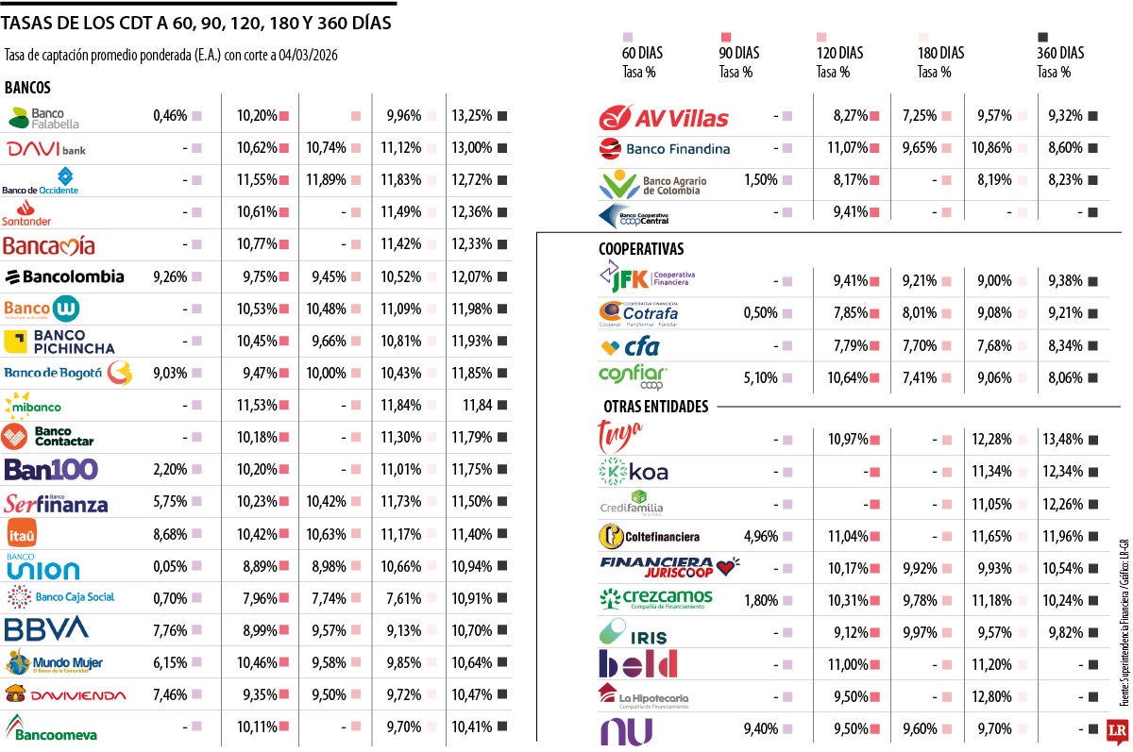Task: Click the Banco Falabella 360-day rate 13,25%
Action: [x=472, y=116]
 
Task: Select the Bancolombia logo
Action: [x=64, y=276]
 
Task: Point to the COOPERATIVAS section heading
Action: [x=641, y=249]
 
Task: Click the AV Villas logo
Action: [x=664, y=118]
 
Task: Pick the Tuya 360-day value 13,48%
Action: [x=1066, y=440]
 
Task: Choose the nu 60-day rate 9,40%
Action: [x=760, y=728]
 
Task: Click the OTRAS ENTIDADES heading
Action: [x=655, y=407]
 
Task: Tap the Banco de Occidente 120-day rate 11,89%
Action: [x=326, y=180]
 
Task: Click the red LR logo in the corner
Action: [x=1117, y=729]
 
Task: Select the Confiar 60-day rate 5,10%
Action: [x=761, y=377]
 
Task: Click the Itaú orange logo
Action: [x=22, y=534]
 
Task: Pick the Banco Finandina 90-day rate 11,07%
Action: [x=848, y=148]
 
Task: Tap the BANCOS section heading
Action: [x=28, y=87]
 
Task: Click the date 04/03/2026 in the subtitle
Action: [x=309, y=55]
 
